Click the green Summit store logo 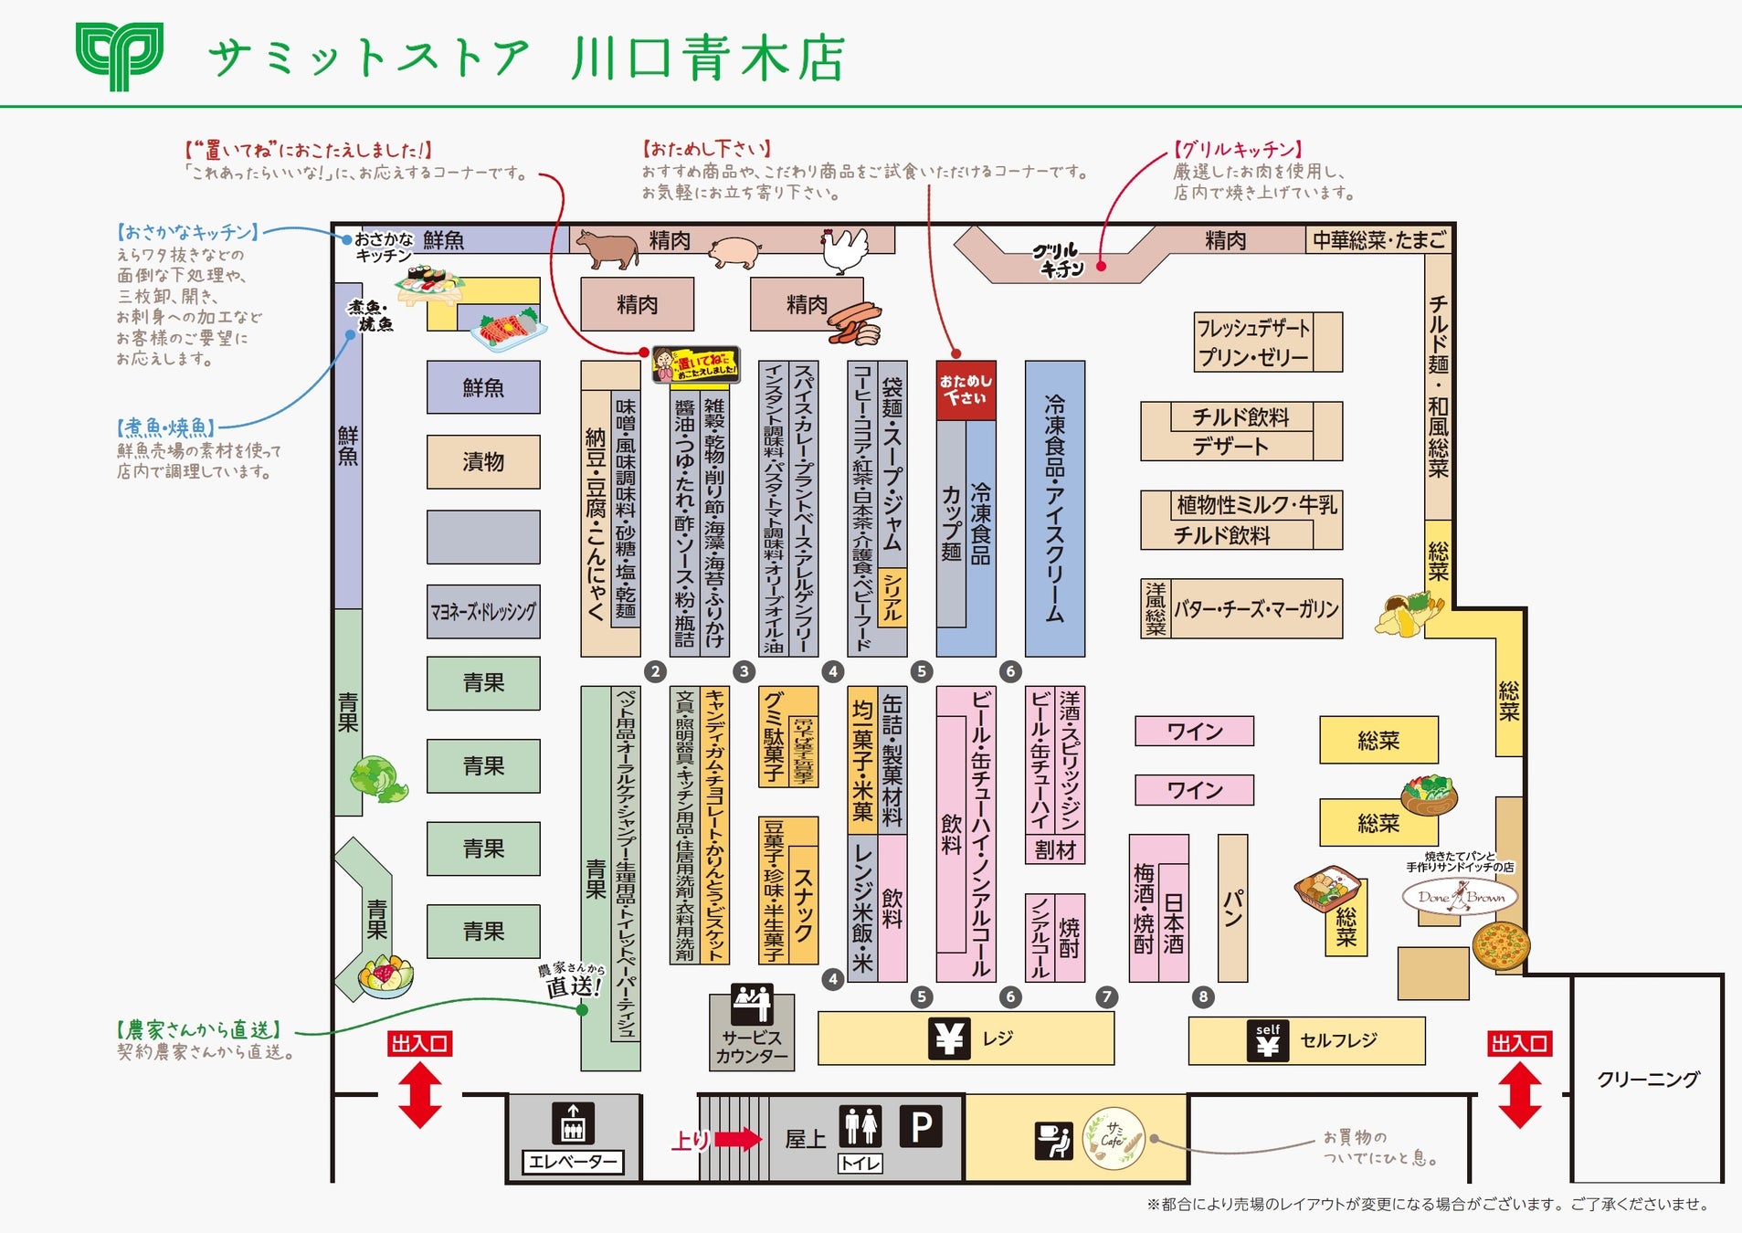coord(120,57)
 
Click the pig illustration coord(734,250)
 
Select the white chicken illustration coord(845,249)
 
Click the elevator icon coord(573,1123)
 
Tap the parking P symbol coord(921,1127)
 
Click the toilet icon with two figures coord(860,1126)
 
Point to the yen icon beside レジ coord(949,1038)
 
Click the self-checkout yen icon coord(1267,1040)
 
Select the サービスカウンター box coord(752,1031)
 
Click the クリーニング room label coord(1648,1080)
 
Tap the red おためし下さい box coord(966,390)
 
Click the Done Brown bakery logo coord(1460,897)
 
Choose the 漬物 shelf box coord(483,462)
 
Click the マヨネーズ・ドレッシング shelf coord(483,611)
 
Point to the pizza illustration coord(1500,944)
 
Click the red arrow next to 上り coord(737,1139)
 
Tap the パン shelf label coord(1232,908)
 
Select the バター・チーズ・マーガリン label coord(1256,608)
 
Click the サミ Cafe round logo coord(1114,1138)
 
